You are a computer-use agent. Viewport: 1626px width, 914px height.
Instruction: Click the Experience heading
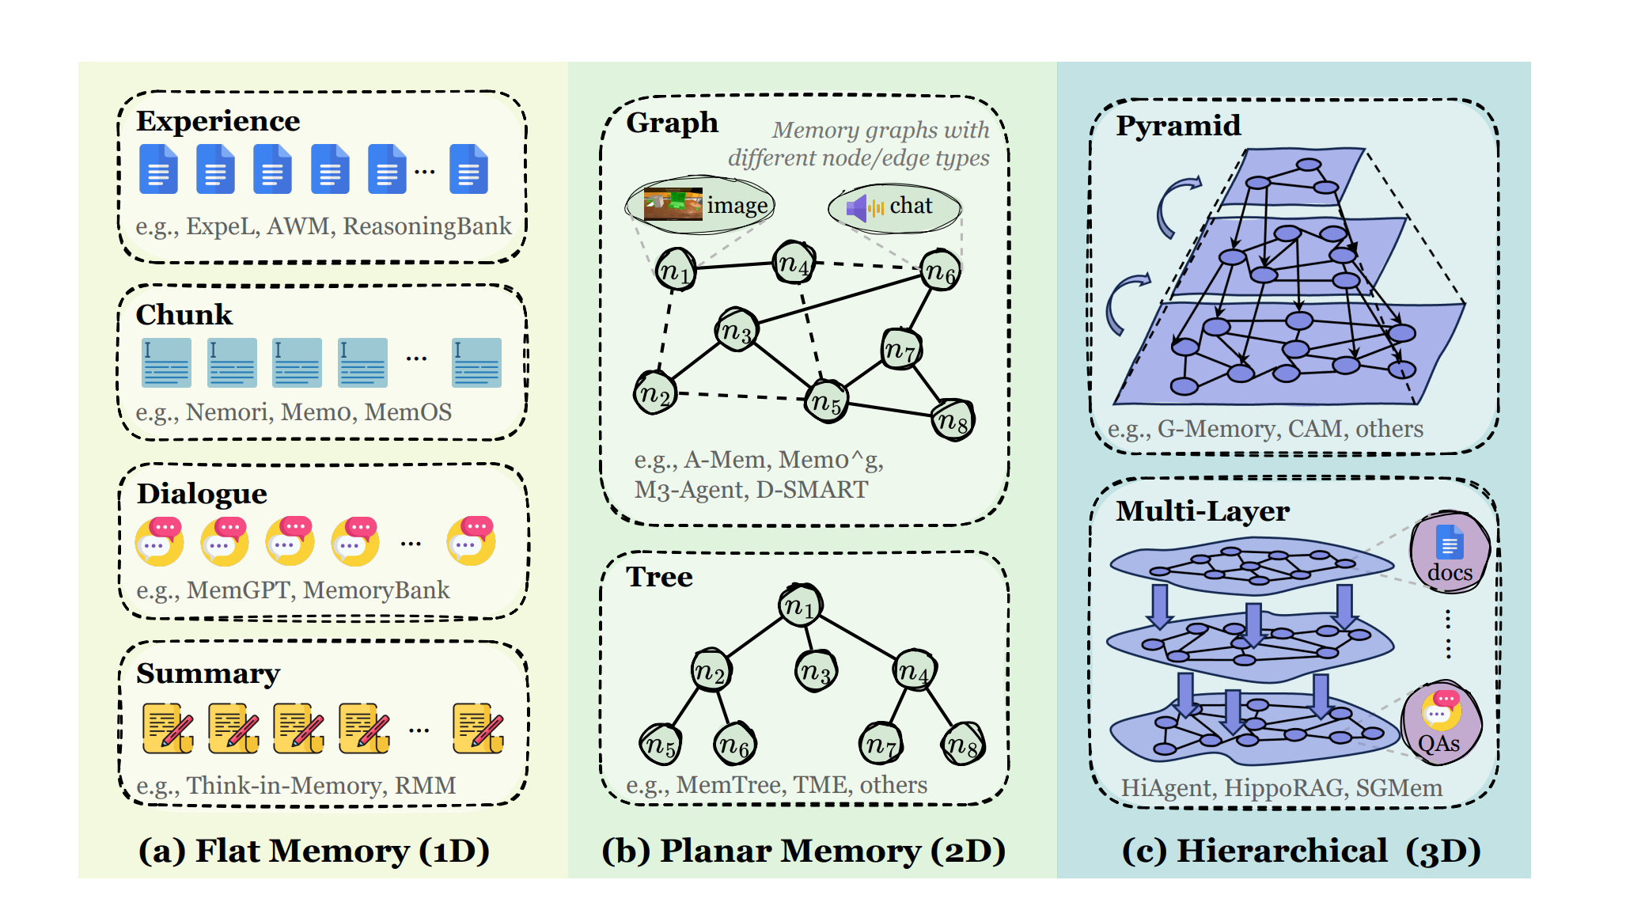[x=218, y=121]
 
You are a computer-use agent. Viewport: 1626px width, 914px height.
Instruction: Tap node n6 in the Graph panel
[x=940, y=271]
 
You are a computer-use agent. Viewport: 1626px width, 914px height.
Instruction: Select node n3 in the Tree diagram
[x=815, y=672]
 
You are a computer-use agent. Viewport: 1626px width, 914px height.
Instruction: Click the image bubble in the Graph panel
[x=700, y=205]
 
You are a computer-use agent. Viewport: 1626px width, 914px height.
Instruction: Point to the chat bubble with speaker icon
[x=894, y=207]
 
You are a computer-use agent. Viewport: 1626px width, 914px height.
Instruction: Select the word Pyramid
[x=1177, y=126]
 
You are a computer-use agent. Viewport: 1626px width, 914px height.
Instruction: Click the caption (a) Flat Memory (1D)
[x=314, y=851]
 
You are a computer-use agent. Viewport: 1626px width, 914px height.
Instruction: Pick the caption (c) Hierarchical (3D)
[x=1301, y=851]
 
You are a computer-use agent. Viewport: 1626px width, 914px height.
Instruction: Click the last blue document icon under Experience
[x=468, y=169]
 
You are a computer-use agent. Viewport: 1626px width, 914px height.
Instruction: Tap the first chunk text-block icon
[x=166, y=362]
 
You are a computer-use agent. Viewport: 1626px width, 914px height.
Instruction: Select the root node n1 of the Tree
[x=800, y=606]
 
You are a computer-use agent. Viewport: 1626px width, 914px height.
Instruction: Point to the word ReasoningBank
[x=426, y=226]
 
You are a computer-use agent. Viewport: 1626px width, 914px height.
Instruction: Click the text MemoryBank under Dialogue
[x=376, y=590]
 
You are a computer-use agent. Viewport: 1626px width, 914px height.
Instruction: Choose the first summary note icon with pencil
[x=168, y=728]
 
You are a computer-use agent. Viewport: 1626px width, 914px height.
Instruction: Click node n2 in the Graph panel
[x=655, y=393]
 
